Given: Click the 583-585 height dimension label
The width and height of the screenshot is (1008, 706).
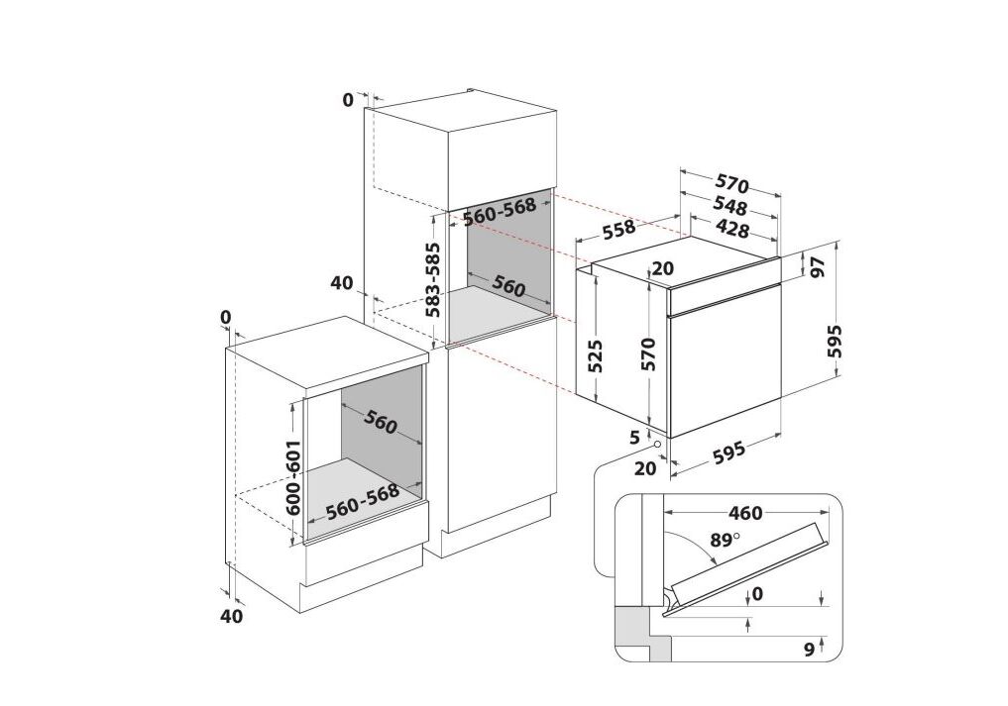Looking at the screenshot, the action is (x=434, y=279).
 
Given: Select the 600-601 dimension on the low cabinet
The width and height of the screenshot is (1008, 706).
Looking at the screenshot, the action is (x=293, y=477).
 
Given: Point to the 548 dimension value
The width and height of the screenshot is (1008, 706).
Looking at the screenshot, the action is (x=729, y=207).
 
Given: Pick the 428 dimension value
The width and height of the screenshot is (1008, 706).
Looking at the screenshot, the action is (x=731, y=229).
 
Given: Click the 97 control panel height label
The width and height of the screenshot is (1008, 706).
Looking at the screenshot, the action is (x=819, y=266).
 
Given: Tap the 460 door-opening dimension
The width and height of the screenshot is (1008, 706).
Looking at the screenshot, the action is (x=745, y=513).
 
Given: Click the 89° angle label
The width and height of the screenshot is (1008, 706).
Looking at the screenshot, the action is (x=724, y=540).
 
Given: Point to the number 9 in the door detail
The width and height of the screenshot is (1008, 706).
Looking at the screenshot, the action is (x=810, y=650).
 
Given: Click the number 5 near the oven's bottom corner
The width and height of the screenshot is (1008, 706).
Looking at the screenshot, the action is (x=635, y=438).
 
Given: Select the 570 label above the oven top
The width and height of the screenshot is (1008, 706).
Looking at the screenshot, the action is (x=732, y=184).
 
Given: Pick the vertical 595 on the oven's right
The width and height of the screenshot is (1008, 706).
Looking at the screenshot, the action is (x=835, y=342).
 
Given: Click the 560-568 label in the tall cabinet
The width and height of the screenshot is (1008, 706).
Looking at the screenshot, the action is (x=500, y=211).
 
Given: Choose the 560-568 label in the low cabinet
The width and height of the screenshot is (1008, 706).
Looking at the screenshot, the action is (x=363, y=501).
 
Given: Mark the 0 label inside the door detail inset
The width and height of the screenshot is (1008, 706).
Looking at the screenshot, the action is (x=757, y=594).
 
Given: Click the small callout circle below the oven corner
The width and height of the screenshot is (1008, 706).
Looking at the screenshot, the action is (x=657, y=444).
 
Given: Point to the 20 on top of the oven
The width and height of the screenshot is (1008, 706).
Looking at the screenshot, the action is (x=662, y=268).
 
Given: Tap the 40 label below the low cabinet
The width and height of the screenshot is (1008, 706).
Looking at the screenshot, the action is (x=231, y=616).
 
